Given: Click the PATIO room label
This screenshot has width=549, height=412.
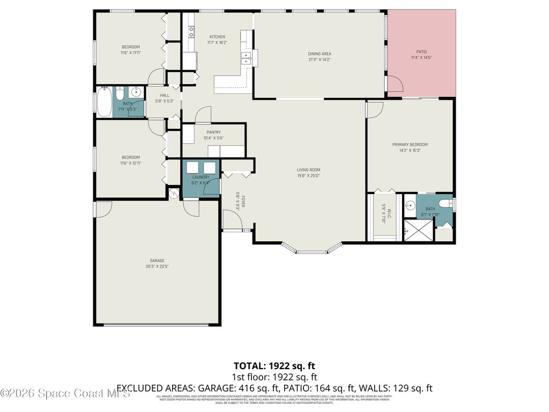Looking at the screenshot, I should (421, 51).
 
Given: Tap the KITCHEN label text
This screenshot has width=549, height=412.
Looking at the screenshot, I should (217, 36).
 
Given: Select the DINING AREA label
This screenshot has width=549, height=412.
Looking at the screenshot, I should (319, 54).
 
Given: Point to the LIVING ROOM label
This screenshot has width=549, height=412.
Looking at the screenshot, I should (308, 170).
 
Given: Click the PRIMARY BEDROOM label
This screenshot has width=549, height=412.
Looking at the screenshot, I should (410, 144).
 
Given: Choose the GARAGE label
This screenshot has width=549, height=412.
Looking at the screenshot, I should (157, 261).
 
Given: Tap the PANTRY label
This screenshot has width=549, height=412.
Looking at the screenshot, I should (213, 132).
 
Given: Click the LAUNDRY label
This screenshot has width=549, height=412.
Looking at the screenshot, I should (201, 177).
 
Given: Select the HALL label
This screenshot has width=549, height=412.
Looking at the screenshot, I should (164, 95).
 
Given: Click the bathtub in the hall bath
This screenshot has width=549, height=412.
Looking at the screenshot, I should (104, 102).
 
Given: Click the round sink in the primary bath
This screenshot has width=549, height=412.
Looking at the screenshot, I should (410, 204).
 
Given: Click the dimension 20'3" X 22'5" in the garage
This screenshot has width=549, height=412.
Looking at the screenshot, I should (157, 267).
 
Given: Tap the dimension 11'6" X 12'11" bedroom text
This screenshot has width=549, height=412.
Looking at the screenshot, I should (130, 163).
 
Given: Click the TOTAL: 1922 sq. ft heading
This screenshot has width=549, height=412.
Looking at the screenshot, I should (274, 366).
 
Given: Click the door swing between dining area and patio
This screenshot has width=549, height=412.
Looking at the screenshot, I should (394, 85).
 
